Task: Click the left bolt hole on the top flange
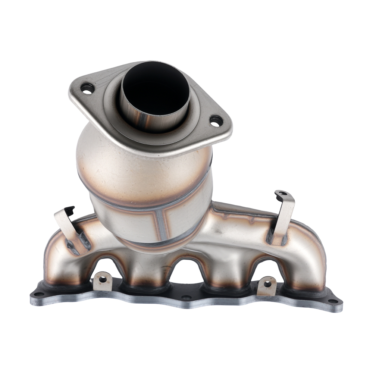tap(88, 89)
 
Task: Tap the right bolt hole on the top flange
tap(216, 120)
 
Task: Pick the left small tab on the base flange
tap(103, 282)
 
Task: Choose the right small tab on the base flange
tap(267, 285)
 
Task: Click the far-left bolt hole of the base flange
tap(37, 294)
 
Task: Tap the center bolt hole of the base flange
tap(185, 298)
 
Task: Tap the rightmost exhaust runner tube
tap(306, 269)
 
